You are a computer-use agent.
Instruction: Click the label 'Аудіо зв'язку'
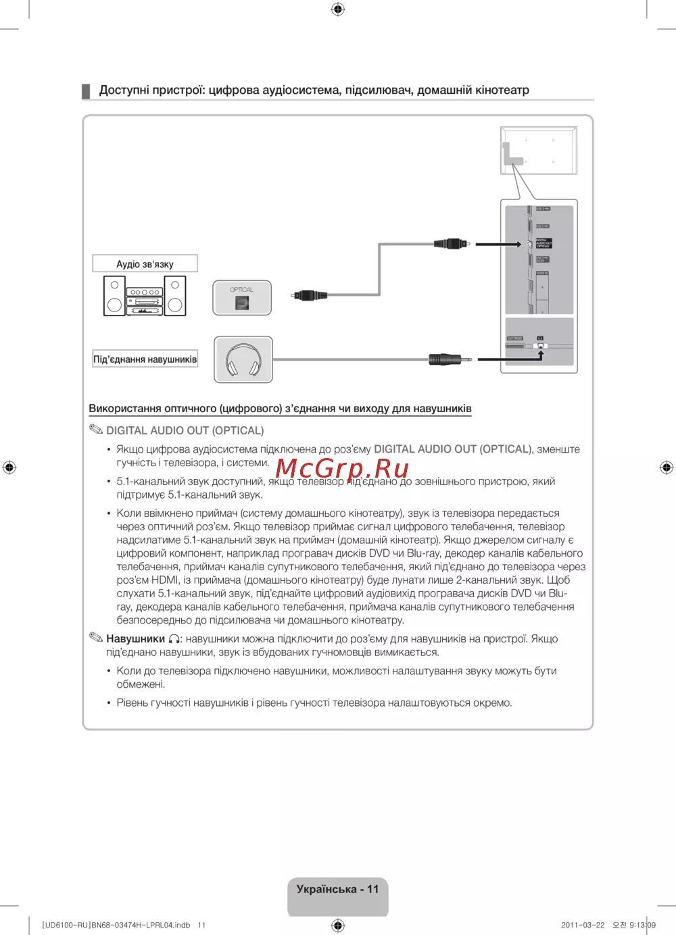click(145, 263)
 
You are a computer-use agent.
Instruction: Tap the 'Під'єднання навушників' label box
click(145, 359)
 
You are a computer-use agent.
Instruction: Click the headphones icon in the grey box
click(243, 359)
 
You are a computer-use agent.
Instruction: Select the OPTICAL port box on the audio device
click(242, 298)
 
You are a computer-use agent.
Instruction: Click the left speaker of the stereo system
click(114, 295)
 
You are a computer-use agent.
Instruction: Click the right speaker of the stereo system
click(175, 295)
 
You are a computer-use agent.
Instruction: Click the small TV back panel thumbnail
click(539, 150)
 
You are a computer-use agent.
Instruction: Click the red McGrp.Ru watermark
click(342, 467)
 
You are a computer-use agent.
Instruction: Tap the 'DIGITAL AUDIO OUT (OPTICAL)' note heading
click(185, 430)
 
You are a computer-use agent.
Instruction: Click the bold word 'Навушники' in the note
click(135, 638)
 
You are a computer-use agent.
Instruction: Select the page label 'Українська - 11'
click(337, 889)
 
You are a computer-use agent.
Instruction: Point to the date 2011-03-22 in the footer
click(583, 925)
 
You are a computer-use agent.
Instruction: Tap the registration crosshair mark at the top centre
click(338, 9)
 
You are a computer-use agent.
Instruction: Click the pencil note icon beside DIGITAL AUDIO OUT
click(96, 430)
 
